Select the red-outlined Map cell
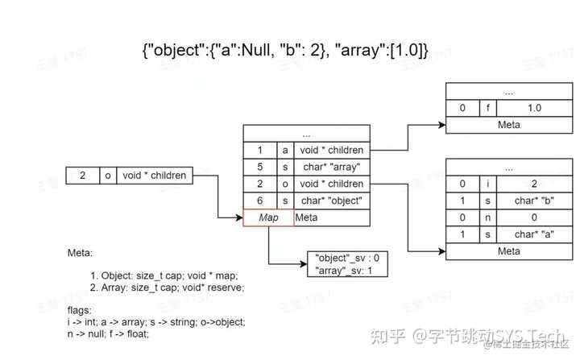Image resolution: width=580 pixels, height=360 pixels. pyautogui.click(x=267, y=217)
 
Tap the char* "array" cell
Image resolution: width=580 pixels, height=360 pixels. pyautogui.click(x=331, y=167)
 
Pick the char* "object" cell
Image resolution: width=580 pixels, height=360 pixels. pyautogui.click(x=331, y=201)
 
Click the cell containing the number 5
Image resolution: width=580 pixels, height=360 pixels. pyautogui.click(x=259, y=167)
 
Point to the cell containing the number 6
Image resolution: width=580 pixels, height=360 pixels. pyautogui.click(x=259, y=201)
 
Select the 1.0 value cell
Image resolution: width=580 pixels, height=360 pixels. pyautogui.click(x=534, y=108)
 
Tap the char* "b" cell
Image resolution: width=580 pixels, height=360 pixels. pyautogui.click(x=534, y=200)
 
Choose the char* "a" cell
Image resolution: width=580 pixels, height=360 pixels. pyautogui.click(x=534, y=234)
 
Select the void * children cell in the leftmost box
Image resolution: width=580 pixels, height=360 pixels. pyautogui.click(x=155, y=175)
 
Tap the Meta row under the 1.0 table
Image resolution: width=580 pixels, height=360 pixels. pyautogui.click(x=508, y=125)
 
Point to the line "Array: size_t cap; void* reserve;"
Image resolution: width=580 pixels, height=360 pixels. pyautogui.click(x=168, y=287)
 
